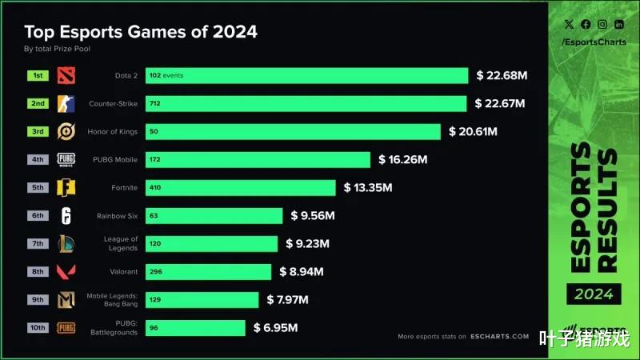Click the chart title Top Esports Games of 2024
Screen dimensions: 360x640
[x=141, y=32]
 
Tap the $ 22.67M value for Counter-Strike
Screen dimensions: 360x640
[x=500, y=104]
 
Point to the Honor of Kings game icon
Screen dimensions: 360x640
[x=66, y=132]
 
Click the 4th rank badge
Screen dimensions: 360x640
[x=38, y=159]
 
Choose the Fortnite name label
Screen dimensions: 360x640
[x=124, y=188]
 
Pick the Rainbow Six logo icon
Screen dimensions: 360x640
[x=66, y=216]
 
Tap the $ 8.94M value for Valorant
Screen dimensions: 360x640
[x=302, y=272]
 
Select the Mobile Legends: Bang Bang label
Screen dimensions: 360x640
[x=113, y=300]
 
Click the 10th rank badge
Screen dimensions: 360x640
[x=38, y=326]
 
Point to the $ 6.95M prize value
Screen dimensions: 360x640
[x=276, y=328]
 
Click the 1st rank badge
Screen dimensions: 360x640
[x=38, y=76]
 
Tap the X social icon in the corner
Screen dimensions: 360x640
[x=569, y=25]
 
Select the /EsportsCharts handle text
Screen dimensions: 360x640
[x=594, y=41]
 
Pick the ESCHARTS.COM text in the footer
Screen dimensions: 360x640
[x=499, y=337]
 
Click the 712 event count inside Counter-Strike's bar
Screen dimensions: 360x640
[x=155, y=104]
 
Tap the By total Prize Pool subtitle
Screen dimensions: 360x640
[x=58, y=50]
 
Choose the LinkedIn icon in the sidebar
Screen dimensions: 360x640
[x=619, y=25]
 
